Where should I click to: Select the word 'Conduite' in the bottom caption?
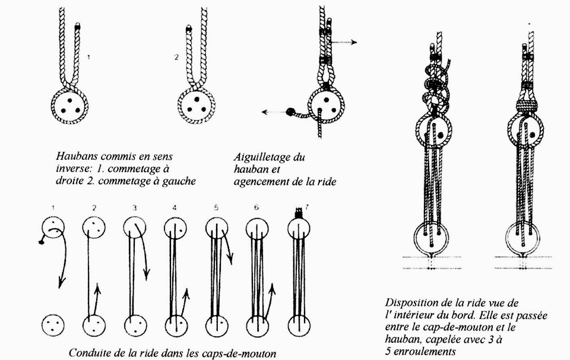point(90,353)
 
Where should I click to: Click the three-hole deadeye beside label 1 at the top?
point(70,106)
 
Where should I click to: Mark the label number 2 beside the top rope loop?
point(176,58)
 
